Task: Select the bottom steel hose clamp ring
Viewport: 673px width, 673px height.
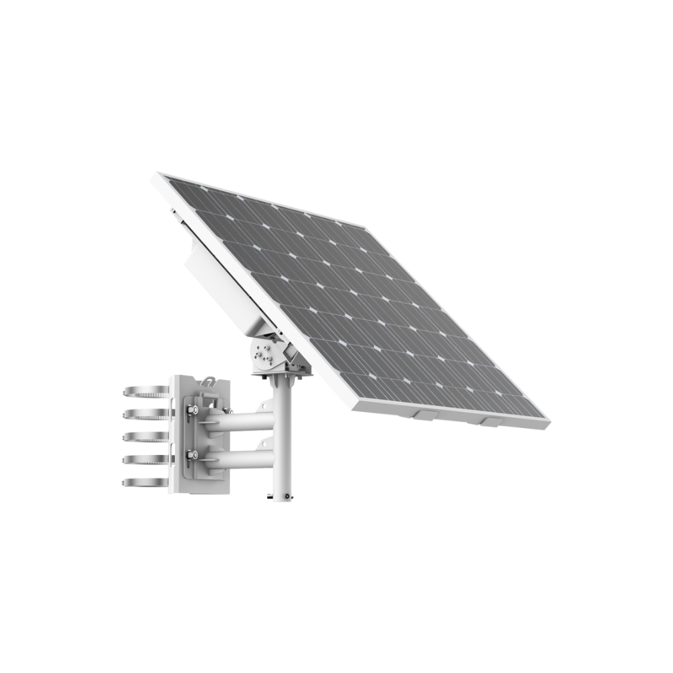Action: pos(145,483)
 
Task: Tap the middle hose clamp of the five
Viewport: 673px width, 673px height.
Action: pos(145,437)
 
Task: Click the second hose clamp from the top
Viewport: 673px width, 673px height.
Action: pos(145,414)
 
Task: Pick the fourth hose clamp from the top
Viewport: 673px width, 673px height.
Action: pos(145,460)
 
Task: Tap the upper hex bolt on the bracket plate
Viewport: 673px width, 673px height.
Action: pos(192,410)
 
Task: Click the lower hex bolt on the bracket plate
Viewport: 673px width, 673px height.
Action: pos(192,455)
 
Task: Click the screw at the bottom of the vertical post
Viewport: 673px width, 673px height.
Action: pos(287,496)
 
